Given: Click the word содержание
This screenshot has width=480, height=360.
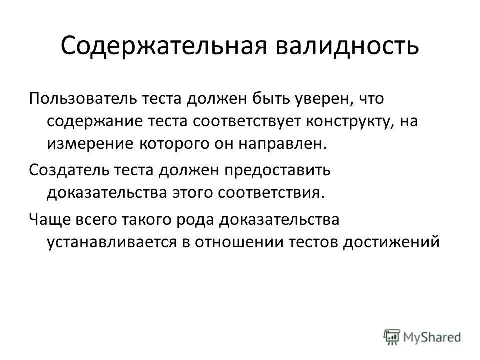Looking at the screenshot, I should coord(96,121).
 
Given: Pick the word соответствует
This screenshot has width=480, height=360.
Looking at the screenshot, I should coord(252,121).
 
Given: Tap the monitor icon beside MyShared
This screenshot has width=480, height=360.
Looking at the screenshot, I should coord(392,336).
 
